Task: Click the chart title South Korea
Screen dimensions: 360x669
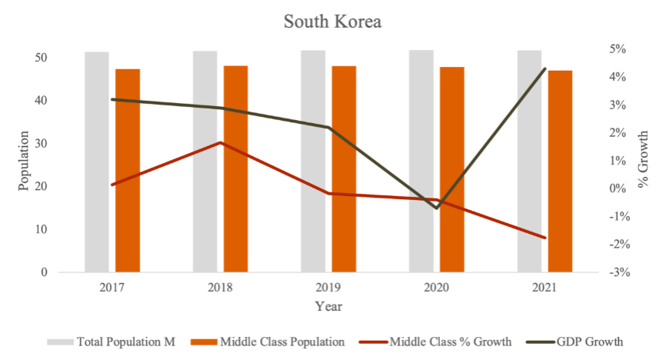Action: (x=332, y=22)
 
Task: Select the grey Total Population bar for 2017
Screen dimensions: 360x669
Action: (x=96, y=162)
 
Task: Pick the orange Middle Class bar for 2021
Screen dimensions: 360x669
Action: (x=560, y=171)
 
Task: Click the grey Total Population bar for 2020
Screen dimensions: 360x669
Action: (x=421, y=162)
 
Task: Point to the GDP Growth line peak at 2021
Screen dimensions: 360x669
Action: (x=544, y=69)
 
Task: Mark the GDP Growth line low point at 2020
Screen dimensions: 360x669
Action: (x=437, y=208)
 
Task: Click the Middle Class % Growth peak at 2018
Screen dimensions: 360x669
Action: (x=220, y=142)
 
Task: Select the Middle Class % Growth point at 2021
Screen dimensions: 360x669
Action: (x=544, y=238)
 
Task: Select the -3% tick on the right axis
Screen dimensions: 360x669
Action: (x=617, y=272)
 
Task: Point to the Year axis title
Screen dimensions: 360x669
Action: (x=328, y=306)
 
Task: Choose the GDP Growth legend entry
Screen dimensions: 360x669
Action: (x=572, y=342)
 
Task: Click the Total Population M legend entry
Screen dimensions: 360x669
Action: (x=112, y=342)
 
